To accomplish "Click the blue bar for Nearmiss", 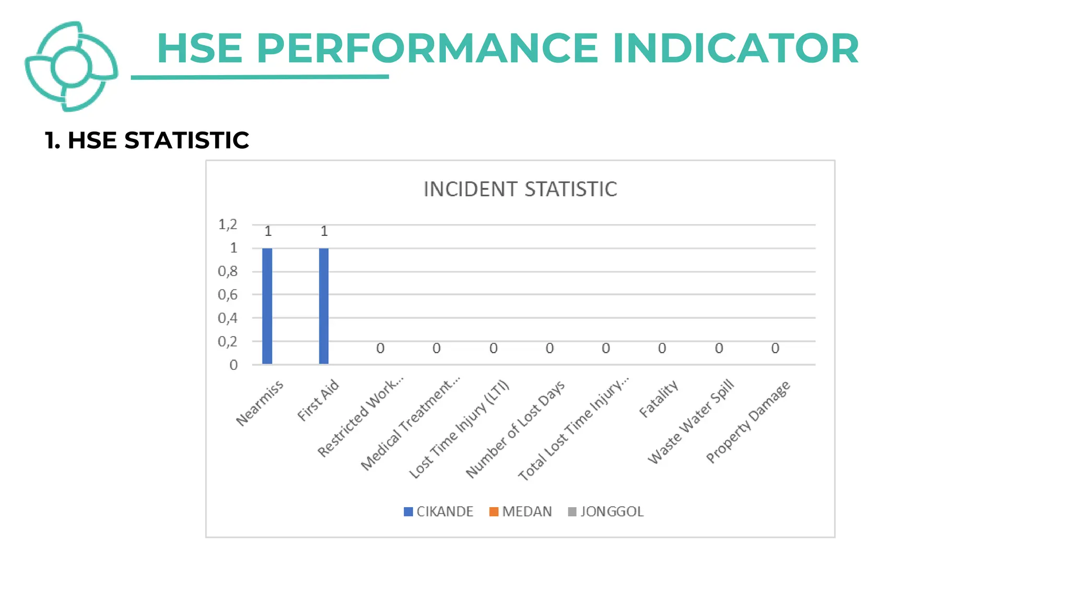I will pyautogui.click(x=267, y=306).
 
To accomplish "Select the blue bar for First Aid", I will pyautogui.click(x=324, y=306).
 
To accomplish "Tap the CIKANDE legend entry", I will pyautogui.click(x=438, y=511).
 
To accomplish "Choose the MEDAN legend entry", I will pyautogui.click(x=520, y=511).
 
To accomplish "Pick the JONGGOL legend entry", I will pyautogui.click(x=606, y=511).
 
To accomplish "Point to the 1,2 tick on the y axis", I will pyautogui.click(x=228, y=224).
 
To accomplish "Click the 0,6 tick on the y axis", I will pyautogui.click(x=228, y=295).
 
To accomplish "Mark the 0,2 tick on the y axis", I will pyautogui.click(x=228, y=342).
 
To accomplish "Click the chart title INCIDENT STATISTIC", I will pyautogui.click(x=520, y=189).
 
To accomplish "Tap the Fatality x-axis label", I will pyautogui.click(x=659, y=399).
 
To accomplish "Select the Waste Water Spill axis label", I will pyautogui.click(x=691, y=422).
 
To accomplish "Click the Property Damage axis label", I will pyautogui.click(x=748, y=423).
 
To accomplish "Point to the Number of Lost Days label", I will pyautogui.click(x=515, y=429).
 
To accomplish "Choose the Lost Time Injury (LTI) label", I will pyautogui.click(x=459, y=430).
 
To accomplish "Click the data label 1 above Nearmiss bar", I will pyautogui.click(x=268, y=231).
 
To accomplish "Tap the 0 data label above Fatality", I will pyautogui.click(x=662, y=348).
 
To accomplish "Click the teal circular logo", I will pyautogui.click(x=71, y=67).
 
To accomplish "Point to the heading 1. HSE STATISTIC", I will pyautogui.click(x=147, y=140).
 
